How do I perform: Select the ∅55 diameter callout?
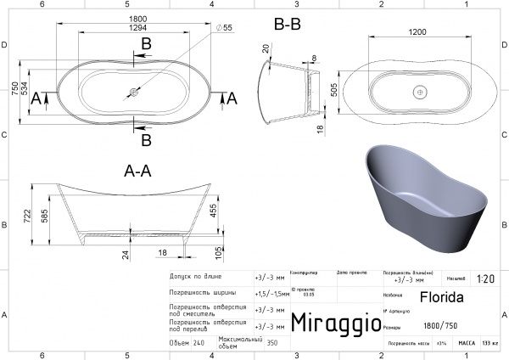coord(225,29)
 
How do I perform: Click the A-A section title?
coord(137,171)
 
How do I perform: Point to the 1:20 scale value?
coord(486,278)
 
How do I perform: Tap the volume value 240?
coord(199,344)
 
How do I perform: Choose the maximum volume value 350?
coord(271,344)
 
